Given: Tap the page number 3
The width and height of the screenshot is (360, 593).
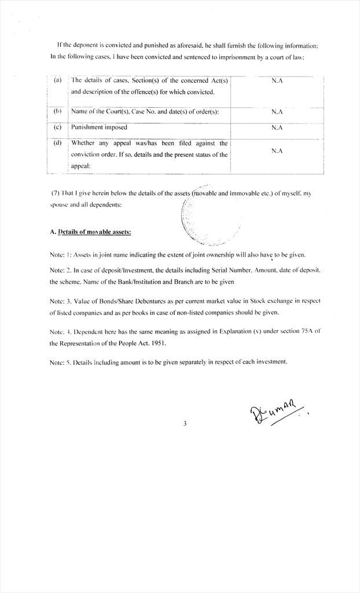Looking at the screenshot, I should click(x=185, y=423).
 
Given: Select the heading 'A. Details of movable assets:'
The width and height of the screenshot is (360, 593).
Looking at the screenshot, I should click(x=90, y=232).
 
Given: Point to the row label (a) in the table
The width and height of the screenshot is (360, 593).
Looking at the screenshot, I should click(x=57, y=80).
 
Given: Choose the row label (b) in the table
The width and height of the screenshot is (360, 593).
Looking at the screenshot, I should click(x=57, y=111).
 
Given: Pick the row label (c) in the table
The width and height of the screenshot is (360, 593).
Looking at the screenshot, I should click(x=57, y=127).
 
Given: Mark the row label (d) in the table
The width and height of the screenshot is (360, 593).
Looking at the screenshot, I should click(x=57, y=143).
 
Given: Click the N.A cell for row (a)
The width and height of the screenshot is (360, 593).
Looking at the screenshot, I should click(x=277, y=81).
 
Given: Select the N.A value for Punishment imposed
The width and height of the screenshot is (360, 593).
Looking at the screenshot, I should click(x=277, y=127).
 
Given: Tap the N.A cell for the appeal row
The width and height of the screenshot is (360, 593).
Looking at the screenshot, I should click(x=277, y=151).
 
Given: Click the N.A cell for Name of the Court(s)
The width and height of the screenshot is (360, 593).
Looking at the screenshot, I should click(x=277, y=112).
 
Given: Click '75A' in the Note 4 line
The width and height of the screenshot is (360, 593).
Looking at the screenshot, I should click(x=302, y=331).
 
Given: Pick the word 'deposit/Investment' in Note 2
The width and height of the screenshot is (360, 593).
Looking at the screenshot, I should click(x=126, y=270).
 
